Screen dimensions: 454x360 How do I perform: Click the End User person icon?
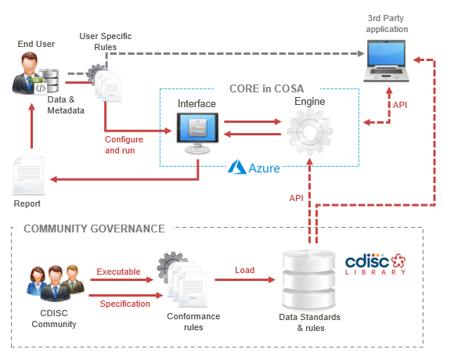tap(26, 74)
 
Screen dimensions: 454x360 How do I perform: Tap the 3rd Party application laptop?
tap(386, 61)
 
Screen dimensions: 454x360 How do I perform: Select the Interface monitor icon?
tap(197, 133)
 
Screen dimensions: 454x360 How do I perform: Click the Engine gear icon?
tap(309, 132)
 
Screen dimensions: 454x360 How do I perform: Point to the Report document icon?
tap(28, 175)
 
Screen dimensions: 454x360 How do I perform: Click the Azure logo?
tap(254, 167)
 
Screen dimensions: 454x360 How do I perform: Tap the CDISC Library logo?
tap(376, 264)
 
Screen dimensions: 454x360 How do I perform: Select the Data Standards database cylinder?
tap(308, 279)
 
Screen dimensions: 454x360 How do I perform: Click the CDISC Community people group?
tap(56, 283)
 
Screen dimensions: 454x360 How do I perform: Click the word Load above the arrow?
tap(245, 270)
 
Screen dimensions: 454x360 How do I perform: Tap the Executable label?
tap(118, 272)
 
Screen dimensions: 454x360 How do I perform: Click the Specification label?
tap(124, 304)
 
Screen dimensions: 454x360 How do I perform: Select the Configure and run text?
tap(124, 145)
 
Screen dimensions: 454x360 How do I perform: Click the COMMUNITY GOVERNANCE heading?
tap(94, 229)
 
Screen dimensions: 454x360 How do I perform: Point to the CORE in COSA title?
tap(266, 88)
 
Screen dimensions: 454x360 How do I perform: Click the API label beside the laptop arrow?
tap(400, 105)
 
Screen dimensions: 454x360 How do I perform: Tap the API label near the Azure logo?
tap(296, 198)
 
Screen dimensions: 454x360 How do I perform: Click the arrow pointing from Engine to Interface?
tap(253, 134)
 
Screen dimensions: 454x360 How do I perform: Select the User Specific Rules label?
tap(106, 41)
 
